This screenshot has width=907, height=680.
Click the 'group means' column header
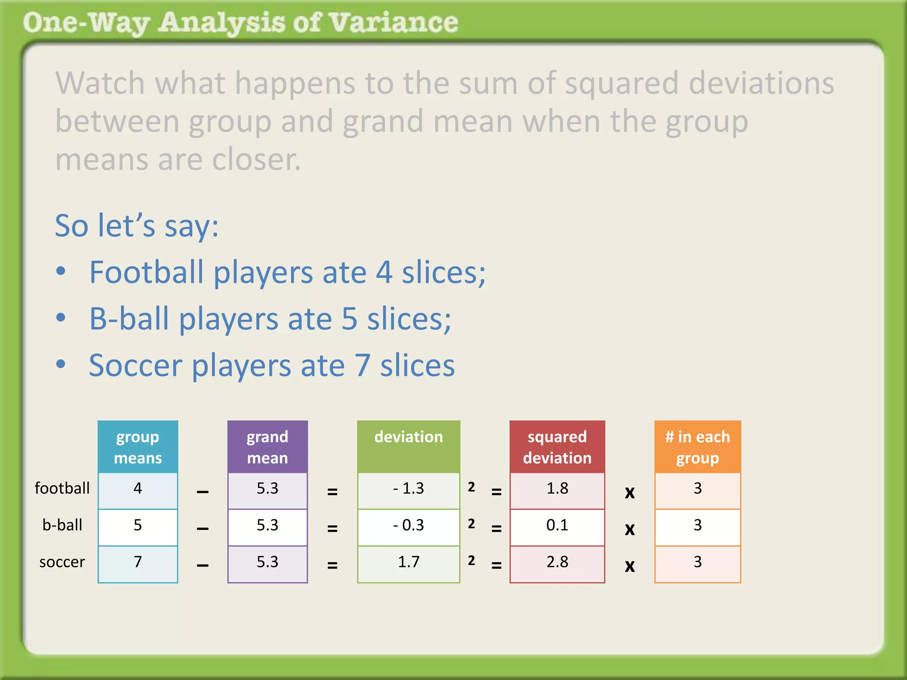click(x=138, y=447)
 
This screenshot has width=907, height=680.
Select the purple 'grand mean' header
click(x=267, y=447)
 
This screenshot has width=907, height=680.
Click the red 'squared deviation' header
click(x=557, y=447)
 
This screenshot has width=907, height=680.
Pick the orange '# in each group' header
click(x=698, y=447)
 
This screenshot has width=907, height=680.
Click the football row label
click(x=62, y=488)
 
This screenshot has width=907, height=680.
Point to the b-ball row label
click(x=62, y=525)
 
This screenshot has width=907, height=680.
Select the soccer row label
click(x=62, y=562)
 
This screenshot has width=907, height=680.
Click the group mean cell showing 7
click(x=138, y=562)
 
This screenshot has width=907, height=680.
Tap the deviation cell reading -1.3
click(x=408, y=489)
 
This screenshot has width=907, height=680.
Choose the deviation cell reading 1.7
click(x=408, y=562)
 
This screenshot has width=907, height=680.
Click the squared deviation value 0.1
click(x=557, y=525)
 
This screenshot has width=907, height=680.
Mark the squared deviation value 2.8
click(x=557, y=562)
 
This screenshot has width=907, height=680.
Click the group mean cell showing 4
click(x=138, y=489)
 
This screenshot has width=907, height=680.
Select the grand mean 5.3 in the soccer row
click(x=267, y=562)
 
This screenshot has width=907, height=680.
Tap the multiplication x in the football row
click(x=629, y=492)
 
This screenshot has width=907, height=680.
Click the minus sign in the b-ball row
click(x=202, y=529)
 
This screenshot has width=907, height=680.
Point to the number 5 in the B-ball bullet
click(x=349, y=319)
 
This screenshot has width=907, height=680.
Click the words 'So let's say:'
click(x=136, y=226)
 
